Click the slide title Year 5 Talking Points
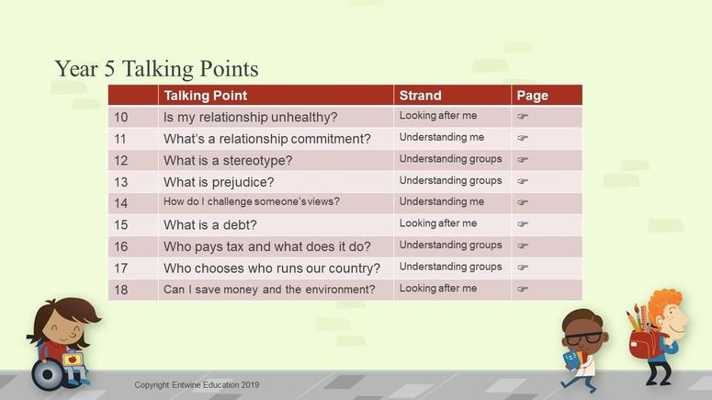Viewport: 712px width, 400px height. pyautogui.click(x=157, y=69)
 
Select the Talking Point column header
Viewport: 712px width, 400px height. pyautogui.click(x=206, y=96)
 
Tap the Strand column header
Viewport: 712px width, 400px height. pyautogui.click(x=420, y=96)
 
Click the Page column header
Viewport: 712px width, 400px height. pyautogui.click(x=532, y=96)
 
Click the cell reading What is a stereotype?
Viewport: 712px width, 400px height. pyautogui.click(x=228, y=160)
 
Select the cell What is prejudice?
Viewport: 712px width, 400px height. pyautogui.click(x=219, y=182)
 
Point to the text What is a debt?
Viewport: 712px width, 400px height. pyautogui.click(x=210, y=225)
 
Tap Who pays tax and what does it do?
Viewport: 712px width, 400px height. pyautogui.click(x=267, y=246)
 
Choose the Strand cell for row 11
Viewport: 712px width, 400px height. pyautogui.click(x=442, y=137)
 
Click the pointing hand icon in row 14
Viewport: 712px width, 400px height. pyautogui.click(x=523, y=202)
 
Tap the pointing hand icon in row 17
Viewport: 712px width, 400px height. pyautogui.click(x=523, y=268)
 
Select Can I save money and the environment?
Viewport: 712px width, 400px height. pyautogui.click(x=269, y=290)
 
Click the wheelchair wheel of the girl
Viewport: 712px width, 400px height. pyautogui.click(x=47, y=374)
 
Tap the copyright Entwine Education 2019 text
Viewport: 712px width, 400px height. pyautogui.click(x=197, y=385)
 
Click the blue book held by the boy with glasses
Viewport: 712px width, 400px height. pyautogui.click(x=571, y=360)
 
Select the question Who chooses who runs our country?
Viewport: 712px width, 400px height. pyautogui.click(x=272, y=269)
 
